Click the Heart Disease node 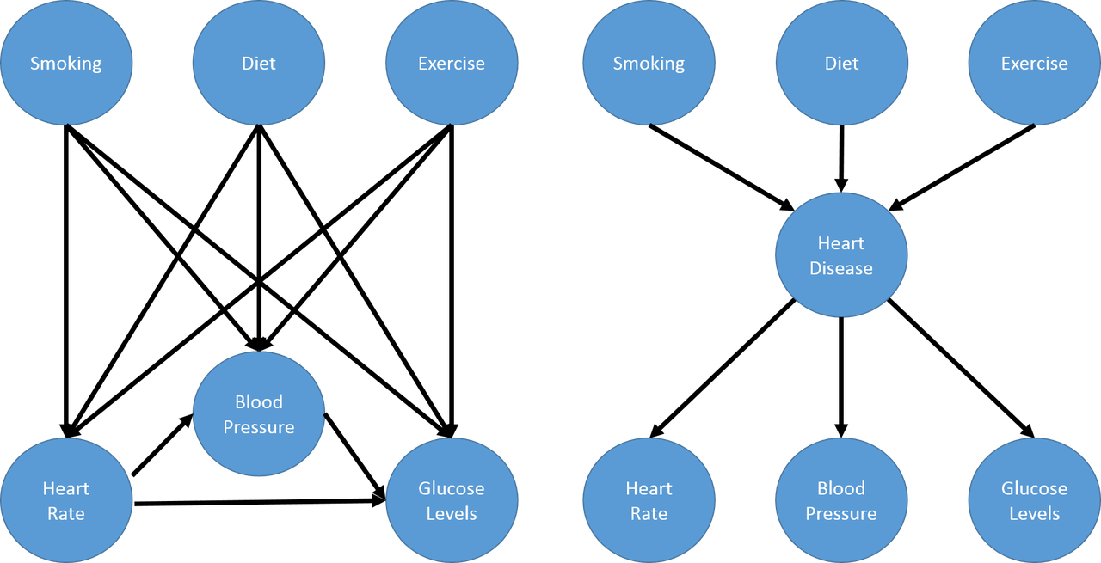(841, 255)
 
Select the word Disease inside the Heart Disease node (841, 268)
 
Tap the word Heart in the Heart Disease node (841, 243)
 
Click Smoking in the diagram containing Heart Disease (649, 64)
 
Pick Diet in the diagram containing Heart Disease (841, 64)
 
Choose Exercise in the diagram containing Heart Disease (1034, 64)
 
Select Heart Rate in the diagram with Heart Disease (649, 500)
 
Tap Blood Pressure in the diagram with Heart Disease (841, 500)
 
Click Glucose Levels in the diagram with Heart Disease (1034, 500)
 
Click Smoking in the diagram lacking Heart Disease (66, 64)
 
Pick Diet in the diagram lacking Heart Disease (259, 64)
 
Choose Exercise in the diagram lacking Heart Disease (452, 64)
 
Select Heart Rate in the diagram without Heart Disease (66, 500)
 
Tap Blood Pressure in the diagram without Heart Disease (259, 414)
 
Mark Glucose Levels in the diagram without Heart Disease (452, 500)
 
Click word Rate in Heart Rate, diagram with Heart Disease (649, 513)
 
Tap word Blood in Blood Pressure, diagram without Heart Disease (259, 402)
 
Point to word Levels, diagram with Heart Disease (1034, 513)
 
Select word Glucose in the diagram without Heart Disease (452, 488)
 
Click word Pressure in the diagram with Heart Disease (841, 513)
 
